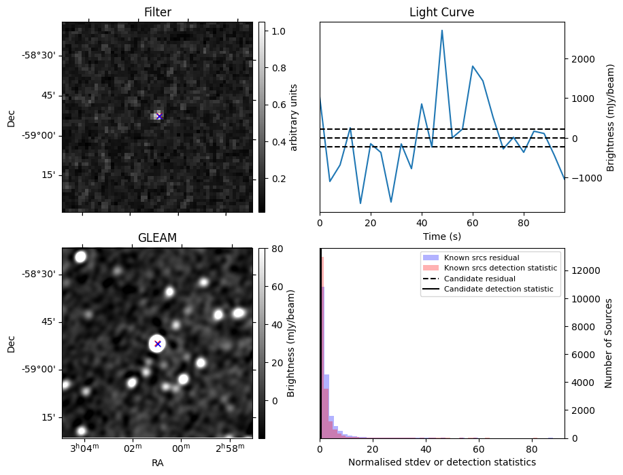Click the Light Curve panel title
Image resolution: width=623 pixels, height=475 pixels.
click(x=441, y=12)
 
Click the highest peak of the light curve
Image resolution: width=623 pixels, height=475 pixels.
click(x=442, y=31)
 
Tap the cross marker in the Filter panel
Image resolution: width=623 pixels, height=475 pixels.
click(x=159, y=116)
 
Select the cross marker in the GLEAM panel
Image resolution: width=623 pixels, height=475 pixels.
click(x=158, y=344)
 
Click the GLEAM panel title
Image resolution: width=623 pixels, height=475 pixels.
click(x=157, y=238)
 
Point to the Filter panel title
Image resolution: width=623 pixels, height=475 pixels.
click(x=157, y=12)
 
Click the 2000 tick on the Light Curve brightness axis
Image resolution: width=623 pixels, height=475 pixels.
click(x=582, y=59)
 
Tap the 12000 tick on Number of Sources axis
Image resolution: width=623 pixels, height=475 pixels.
click(x=584, y=270)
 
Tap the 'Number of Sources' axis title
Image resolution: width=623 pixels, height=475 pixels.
click(x=610, y=342)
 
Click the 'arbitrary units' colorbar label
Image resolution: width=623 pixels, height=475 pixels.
click(x=294, y=116)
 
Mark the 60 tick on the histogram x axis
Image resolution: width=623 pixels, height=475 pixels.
click(x=479, y=448)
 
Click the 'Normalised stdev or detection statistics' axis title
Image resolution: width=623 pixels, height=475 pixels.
click(x=441, y=462)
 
